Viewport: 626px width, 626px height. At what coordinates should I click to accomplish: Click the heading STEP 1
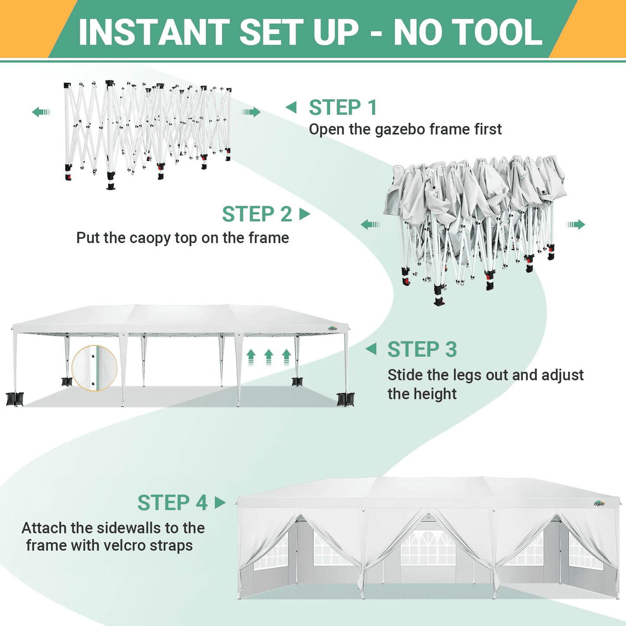pos(343,107)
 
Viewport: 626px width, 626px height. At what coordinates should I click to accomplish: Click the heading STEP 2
pos(257,214)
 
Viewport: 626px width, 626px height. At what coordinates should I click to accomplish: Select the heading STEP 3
pos(422,349)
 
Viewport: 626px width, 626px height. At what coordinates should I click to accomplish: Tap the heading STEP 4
pos(172,503)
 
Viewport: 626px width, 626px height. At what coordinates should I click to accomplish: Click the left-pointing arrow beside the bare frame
pos(42,112)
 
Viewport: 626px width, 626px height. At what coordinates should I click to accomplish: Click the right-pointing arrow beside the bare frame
pos(251,112)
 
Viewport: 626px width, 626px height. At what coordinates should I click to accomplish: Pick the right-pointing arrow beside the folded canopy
pos(576,224)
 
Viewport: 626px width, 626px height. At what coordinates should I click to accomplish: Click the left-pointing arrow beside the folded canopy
pos(370,224)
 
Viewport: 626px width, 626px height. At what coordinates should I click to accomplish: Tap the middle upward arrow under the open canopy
pos(269,357)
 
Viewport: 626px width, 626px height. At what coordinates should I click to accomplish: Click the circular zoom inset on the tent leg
pos(94,368)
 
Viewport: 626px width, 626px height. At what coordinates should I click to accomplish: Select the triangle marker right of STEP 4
pos(220,503)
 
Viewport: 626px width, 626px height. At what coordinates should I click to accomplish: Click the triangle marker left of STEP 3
pos(371,349)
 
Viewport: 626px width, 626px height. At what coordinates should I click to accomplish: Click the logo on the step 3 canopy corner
pos(333,329)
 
